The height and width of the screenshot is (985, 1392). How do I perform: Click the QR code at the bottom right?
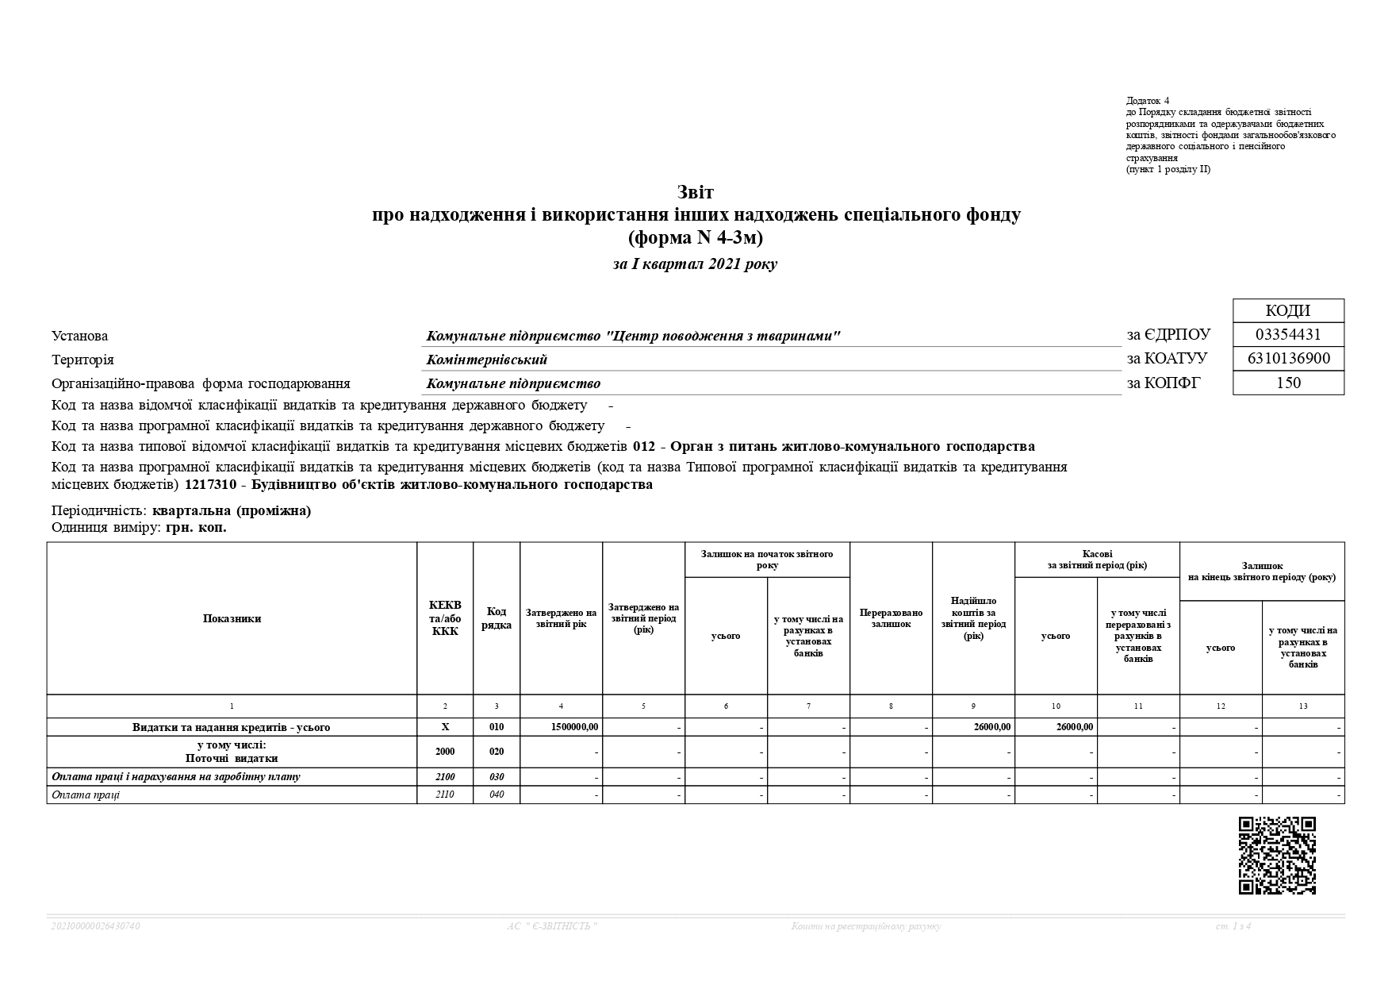(1277, 856)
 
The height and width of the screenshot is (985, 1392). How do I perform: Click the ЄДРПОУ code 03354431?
(1288, 335)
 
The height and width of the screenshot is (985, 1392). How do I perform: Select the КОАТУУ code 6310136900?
(1288, 359)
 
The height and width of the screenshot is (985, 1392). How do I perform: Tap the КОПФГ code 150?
(1288, 383)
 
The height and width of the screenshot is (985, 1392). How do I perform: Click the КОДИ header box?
(1288, 311)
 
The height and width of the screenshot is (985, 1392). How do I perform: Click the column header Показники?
(232, 619)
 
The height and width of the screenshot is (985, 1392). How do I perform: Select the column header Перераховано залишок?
(891, 619)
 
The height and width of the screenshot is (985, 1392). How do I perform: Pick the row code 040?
(497, 795)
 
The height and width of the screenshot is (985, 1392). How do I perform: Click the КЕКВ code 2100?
(445, 776)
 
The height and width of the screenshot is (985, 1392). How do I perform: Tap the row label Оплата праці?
(86, 795)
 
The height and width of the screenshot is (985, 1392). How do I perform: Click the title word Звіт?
(696, 193)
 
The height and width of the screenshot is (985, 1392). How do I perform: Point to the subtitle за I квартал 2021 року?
(695, 264)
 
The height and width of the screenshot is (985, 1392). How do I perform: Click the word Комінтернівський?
(487, 360)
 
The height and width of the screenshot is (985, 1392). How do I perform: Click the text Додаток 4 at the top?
(1148, 101)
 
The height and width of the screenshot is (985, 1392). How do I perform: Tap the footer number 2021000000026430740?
(96, 926)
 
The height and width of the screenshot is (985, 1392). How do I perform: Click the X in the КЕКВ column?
(445, 727)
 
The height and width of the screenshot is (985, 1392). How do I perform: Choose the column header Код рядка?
(497, 619)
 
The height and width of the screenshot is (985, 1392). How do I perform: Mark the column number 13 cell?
(1303, 706)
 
